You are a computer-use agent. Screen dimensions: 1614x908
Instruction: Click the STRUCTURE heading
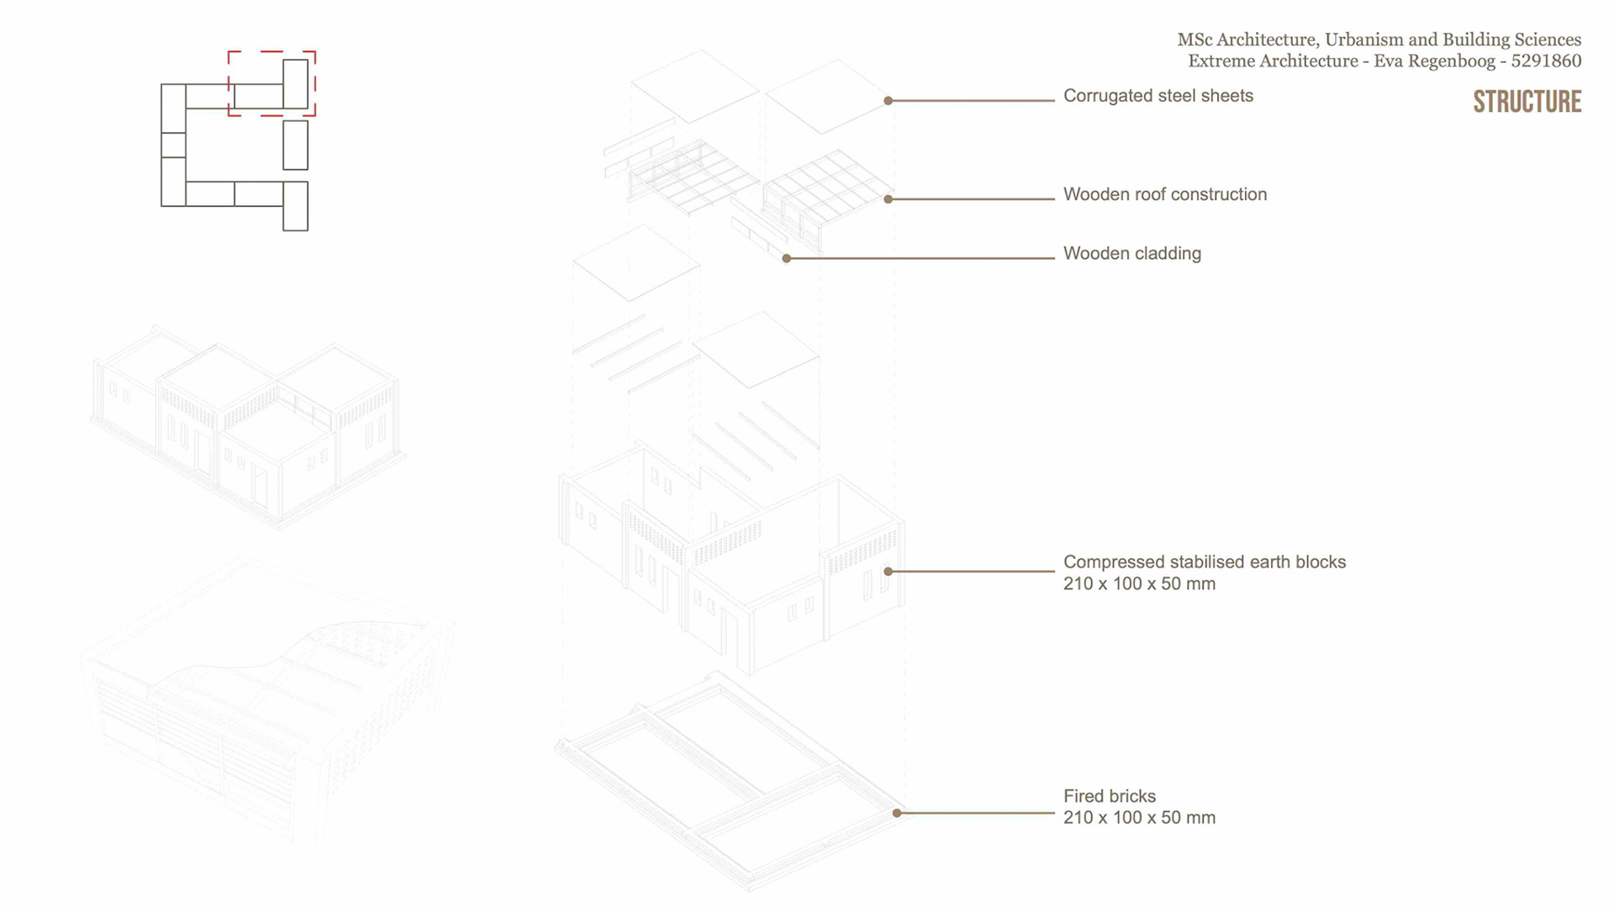point(1527,102)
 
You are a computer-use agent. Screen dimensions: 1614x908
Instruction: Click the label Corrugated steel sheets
point(1158,96)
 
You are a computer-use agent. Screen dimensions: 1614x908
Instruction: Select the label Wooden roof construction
point(1164,194)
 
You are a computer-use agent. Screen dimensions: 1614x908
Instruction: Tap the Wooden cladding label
point(1131,253)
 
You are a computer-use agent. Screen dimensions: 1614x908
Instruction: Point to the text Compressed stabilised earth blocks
point(1204,562)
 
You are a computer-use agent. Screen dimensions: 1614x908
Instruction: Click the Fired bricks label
point(1109,796)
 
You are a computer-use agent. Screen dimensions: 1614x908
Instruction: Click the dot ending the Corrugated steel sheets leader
point(889,101)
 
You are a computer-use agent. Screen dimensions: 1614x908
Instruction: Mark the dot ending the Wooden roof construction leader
point(889,199)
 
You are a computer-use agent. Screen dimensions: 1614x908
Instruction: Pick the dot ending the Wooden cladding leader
point(787,259)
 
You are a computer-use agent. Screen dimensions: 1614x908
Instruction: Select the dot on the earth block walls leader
point(889,572)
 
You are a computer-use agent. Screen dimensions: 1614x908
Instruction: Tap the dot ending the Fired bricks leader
point(897,813)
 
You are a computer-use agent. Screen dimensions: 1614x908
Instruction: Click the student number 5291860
point(1546,61)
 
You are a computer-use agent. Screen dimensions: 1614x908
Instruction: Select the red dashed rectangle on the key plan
point(272,52)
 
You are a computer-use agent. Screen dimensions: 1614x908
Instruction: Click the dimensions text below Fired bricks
point(1139,818)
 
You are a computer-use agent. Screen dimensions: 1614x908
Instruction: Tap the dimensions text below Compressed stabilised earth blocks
point(1139,584)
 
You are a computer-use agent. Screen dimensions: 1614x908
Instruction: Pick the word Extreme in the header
point(1219,61)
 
